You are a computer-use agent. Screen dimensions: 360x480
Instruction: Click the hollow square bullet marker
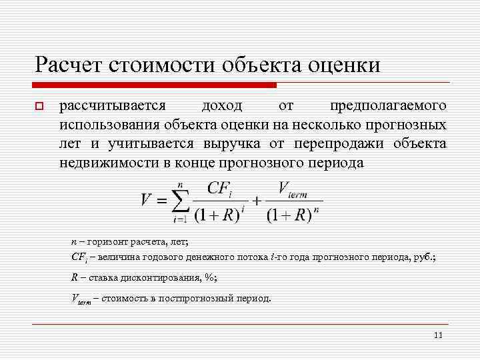pyautogui.click(x=39, y=106)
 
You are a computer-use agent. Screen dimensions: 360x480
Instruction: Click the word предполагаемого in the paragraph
pyautogui.click(x=389, y=105)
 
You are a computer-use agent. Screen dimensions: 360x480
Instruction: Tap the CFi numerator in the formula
pyautogui.click(x=220, y=188)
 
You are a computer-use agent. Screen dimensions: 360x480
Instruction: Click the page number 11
pyautogui.click(x=437, y=335)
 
